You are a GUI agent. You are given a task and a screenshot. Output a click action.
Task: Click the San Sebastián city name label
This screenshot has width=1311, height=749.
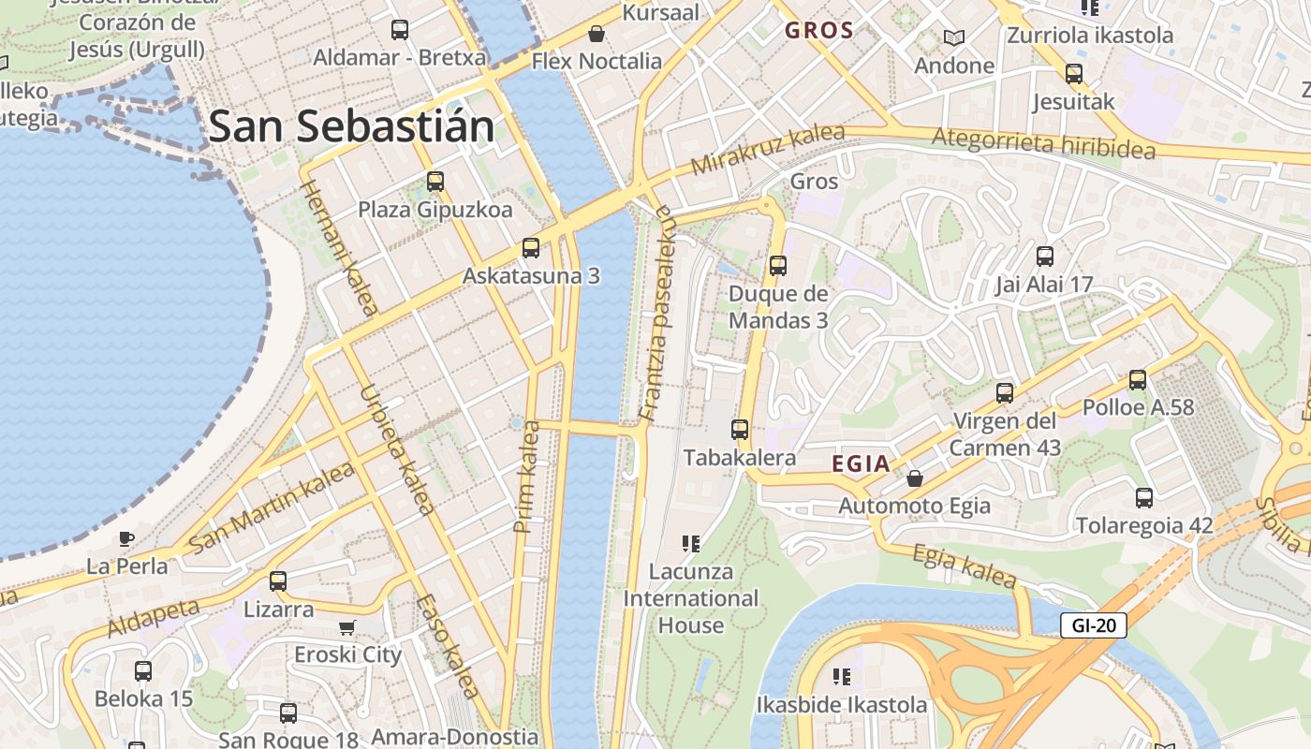pos(351,126)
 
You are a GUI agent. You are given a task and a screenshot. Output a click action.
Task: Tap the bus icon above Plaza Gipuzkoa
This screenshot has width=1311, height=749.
pos(435,182)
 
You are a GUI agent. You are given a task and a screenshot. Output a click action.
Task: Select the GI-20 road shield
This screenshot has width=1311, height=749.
pos(1093,625)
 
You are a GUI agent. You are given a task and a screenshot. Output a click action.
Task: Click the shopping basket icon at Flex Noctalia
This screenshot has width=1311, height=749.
pos(597,35)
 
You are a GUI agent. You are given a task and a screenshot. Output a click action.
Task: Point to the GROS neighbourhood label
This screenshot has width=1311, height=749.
pos(819,30)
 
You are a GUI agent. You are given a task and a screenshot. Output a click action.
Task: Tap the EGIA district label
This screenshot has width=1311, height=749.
pos(861,463)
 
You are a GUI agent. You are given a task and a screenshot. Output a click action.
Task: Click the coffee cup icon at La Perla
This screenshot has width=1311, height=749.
pos(126,538)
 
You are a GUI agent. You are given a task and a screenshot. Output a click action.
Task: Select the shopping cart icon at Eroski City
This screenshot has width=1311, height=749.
pos(347,627)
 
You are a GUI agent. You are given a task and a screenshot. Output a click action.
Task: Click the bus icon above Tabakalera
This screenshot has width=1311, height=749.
pos(740,430)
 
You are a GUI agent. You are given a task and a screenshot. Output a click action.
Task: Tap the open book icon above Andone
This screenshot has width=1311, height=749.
pos(953,38)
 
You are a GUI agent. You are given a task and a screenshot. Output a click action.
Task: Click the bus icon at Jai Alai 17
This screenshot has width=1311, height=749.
pos(1045,256)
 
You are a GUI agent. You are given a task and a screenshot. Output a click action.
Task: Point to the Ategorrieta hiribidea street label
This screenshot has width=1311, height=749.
pos(1043,143)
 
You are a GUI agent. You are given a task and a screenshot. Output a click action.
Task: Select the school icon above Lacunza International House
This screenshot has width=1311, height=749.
pos(691,543)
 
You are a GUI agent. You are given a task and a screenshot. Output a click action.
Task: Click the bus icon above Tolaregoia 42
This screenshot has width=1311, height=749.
pos(1143,497)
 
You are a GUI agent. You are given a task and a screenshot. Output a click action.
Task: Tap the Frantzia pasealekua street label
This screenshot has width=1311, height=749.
pos(657,314)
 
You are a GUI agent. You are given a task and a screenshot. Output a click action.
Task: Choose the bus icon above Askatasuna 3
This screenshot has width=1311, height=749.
pos(531,248)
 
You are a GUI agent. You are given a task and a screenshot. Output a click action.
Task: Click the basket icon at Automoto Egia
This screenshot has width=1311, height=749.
pos(915,478)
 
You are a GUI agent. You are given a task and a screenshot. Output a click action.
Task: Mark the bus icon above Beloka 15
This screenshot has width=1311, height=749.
pos(143,670)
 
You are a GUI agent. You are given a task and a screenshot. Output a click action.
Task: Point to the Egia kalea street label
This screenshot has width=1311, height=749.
pos(964,566)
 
